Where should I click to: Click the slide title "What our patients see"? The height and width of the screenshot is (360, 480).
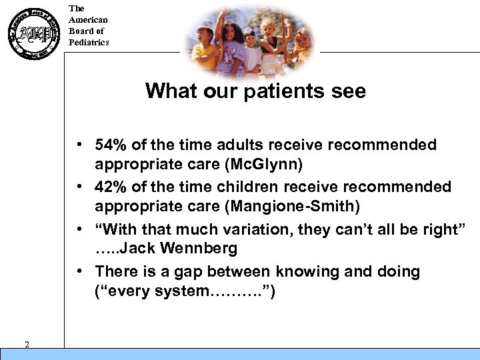click(x=255, y=91)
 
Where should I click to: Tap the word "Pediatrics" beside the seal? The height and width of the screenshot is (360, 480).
click(x=89, y=42)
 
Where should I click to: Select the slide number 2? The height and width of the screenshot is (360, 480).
click(x=26, y=344)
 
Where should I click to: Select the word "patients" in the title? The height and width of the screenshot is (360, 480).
click(x=287, y=91)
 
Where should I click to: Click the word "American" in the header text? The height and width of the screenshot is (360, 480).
click(x=88, y=20)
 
